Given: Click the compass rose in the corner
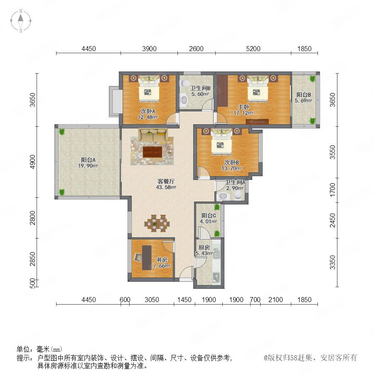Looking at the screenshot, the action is click(x=21, y=20).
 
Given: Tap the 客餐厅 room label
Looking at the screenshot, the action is click(x=166, y=182).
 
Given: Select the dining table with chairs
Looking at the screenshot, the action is click(x=157, y=223).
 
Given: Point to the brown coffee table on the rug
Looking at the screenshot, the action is click(x=153, y=152).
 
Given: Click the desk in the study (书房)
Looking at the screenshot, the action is click(x=147, y=258).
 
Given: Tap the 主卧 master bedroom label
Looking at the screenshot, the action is click(x=244, y=107).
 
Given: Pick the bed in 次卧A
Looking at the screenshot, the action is click(x=149, y=89).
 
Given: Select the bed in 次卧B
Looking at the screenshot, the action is click(x=221, y=141).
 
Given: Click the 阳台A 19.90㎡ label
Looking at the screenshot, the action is click(x=88, y=162).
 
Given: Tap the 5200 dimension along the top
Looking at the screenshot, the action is click(x=253, y=49).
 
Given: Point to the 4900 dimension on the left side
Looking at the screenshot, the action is click(x=33, y=162).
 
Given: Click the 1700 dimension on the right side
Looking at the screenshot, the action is click(x=332, y=190).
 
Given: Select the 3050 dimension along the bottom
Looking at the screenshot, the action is click(x=152, y=300).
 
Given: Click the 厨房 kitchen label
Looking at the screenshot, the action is click(x=204, y=248).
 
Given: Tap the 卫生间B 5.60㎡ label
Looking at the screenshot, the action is click(x=200, y=91).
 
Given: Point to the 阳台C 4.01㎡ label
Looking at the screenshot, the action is click(x=209, y=218).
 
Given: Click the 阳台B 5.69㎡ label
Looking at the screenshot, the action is click(x=303, y=98).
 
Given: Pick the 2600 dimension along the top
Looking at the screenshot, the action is click(x=196, y=49).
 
